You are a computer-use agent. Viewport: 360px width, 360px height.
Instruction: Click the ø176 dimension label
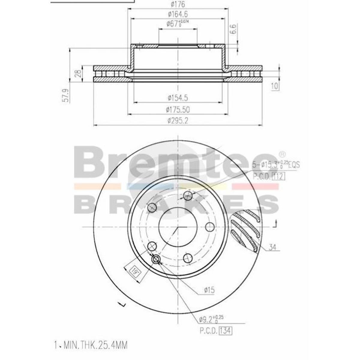tap(178, 4)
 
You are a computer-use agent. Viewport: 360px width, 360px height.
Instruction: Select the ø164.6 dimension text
tap(178, 14)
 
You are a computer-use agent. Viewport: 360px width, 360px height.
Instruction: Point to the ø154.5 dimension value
tap(178, 98)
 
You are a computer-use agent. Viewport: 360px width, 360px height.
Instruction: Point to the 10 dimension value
tap(275, 86)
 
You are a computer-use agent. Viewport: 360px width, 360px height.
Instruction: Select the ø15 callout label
tap(209, 290)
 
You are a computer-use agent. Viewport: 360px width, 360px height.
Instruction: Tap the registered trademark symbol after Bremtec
tap(282, 154)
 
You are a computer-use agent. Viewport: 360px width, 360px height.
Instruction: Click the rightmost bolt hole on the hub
tap(211, 227)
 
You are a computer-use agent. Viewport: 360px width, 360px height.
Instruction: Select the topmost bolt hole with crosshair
tap(188, 196)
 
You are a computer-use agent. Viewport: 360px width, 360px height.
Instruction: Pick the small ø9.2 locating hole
tap(156, 259)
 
